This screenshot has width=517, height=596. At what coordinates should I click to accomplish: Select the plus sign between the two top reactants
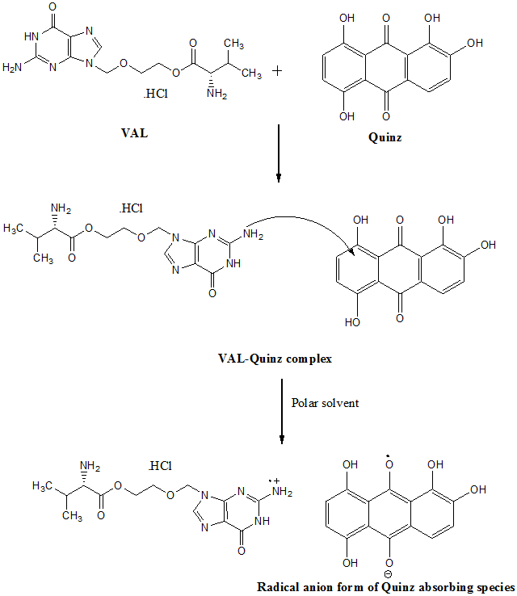(x=278, y=71)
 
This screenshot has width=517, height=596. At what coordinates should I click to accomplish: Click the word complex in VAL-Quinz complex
(x=309, y=358)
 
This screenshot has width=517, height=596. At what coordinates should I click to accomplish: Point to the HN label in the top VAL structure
(x=32, y=36)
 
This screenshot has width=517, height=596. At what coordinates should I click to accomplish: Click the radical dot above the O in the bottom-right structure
(x=389, y=460)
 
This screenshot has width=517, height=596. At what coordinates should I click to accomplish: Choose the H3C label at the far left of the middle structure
(x=17, y=229)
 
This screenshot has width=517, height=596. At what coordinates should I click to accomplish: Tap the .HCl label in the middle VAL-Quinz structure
(x=130, y=208)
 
